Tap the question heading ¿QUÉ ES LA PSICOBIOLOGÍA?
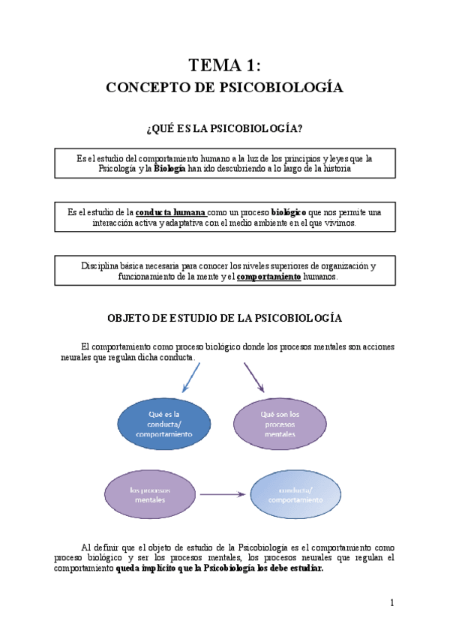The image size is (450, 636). point(225,129)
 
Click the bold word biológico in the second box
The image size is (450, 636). point(289,212)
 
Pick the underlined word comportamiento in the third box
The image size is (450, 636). point(268,276)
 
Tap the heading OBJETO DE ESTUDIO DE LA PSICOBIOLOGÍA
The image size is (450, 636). point(225,318)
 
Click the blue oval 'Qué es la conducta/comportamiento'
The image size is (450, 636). point(154,423)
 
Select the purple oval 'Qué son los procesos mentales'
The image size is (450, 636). point(279,424)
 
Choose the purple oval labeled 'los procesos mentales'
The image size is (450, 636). point(149,494)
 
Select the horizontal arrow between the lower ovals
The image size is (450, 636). point(223,494)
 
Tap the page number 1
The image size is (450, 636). point(391,603)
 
